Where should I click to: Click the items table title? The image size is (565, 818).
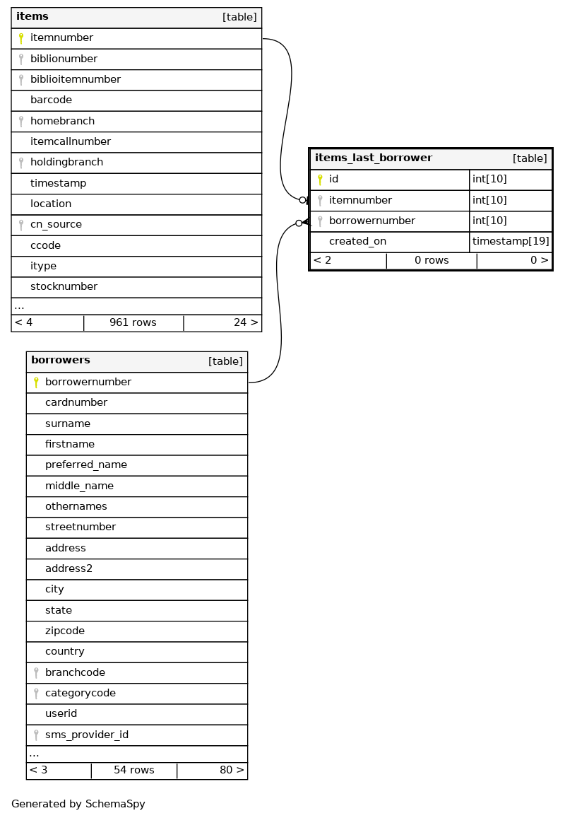tap(32, 16)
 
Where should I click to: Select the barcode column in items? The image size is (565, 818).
tap(51, 100)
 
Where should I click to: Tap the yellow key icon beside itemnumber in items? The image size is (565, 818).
tap(21, 38)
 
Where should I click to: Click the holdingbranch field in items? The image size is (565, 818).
tap(66, 163)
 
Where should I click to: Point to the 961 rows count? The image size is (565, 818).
tap(133, 323)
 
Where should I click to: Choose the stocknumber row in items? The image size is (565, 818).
tap(64, 287)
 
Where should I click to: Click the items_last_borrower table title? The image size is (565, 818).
tap(374, 158)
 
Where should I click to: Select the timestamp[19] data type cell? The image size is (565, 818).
tap(511, 242)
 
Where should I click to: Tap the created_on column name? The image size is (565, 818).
tap(357, 242)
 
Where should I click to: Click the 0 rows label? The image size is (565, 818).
tap(432, 261)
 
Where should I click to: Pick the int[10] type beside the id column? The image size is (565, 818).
tap(489, 180)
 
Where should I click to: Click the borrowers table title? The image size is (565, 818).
tap(61, 361)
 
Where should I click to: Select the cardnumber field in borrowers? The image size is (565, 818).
tap(76, 403)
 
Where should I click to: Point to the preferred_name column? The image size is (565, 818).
tap(86, 465)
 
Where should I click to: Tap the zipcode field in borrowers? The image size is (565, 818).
tap(65, 631)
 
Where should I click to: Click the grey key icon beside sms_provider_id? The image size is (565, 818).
tap(36, 735)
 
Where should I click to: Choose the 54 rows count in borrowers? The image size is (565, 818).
tap(134, 771)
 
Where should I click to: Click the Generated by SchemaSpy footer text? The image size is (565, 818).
tap(78, 805)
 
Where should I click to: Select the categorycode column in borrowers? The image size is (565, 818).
tap(81, 694)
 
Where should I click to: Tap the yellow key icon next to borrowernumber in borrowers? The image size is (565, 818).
tap(36, 382)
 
